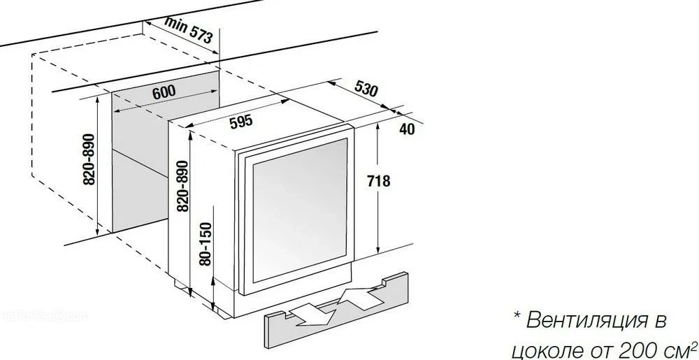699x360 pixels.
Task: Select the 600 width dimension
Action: click(163, 91)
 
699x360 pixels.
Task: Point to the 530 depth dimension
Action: click(366, 89)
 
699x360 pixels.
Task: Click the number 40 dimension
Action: click(407, 129)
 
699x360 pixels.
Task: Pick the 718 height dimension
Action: click(377, 182)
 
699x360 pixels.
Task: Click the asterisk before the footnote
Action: click(516, 319)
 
